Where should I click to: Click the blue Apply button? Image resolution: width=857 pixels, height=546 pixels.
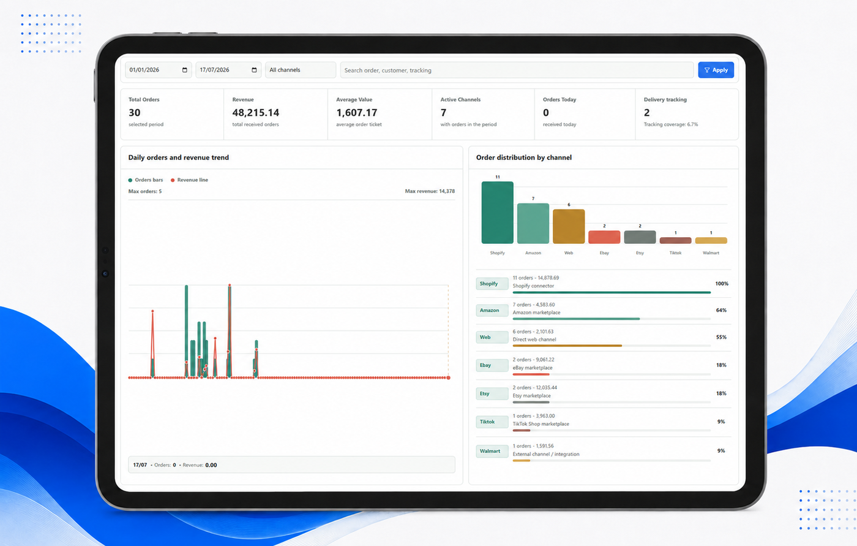click(716, 70)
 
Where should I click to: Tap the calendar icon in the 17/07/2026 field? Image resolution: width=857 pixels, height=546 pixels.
click(254, 70)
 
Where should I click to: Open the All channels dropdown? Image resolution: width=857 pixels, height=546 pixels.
click(301, 70)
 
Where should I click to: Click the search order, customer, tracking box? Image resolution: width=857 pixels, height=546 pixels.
click(517, 70)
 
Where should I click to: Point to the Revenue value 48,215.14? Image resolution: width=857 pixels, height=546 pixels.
click(256, 113)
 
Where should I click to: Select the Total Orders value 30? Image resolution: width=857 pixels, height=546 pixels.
click(134, 113)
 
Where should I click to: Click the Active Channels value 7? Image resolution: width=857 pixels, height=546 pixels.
click(443, 113)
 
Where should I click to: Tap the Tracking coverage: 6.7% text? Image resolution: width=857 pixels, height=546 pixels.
click(671, 124)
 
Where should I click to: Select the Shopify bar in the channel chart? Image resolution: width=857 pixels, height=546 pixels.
click(497, 213)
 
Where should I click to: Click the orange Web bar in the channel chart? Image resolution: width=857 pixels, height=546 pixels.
click(569, 226)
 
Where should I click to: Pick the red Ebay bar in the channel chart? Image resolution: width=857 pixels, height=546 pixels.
click(604, 237)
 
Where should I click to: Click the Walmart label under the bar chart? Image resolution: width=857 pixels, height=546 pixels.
click(711, 252)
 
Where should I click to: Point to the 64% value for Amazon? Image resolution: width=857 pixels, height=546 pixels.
click(721, 310)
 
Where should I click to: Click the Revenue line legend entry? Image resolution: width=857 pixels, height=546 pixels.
click(189, 180)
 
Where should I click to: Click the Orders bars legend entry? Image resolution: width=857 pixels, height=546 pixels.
click(146, 180)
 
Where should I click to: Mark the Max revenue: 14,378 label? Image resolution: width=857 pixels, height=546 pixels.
click(430, 191)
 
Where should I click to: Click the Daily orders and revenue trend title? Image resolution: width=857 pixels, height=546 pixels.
click(178, 157)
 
